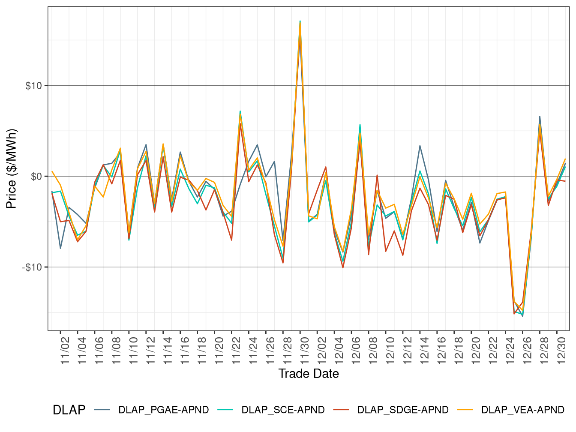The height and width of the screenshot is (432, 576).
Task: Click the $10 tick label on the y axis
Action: coord(33,86)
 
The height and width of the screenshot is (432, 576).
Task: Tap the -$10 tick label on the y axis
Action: coord(32,267)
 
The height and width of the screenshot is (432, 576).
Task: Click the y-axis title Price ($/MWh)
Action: coord(11,168)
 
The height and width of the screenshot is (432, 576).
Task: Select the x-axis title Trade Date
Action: coord(308,374)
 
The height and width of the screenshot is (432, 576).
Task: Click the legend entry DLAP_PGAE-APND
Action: coord(163,410)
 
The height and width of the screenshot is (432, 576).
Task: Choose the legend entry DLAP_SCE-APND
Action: coord(283,410)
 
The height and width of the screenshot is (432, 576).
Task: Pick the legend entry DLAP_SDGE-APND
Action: coord(402,410)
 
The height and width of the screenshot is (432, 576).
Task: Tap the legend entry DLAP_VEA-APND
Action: coord(522,410)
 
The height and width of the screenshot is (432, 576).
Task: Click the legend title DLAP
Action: coord(69,410)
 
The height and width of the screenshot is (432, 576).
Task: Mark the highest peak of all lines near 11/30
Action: coord(300,21)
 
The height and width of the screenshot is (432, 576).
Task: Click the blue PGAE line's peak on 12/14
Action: coord(420,146)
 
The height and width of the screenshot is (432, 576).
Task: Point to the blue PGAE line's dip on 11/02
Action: coord(60,248)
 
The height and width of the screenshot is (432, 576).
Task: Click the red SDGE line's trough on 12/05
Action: coord(343,268)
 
